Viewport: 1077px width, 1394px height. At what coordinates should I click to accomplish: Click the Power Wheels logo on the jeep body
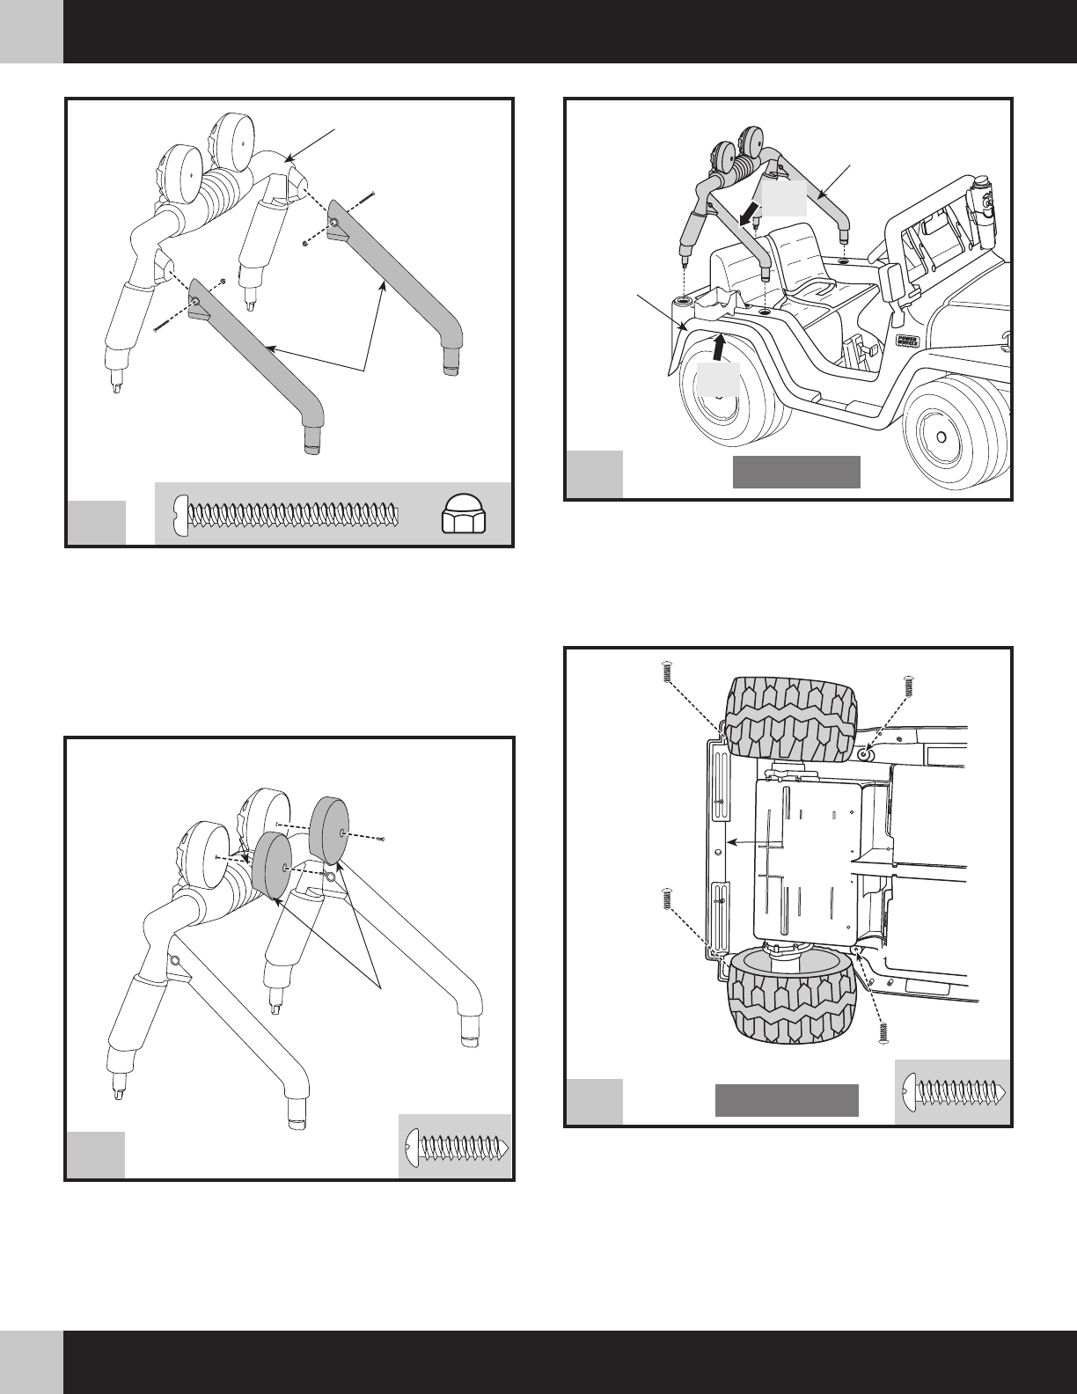(x=909, y=341)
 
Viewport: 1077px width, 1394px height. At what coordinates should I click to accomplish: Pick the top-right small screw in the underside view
(x=908, y=685)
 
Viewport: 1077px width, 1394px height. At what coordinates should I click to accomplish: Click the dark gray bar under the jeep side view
(x=796, y=472)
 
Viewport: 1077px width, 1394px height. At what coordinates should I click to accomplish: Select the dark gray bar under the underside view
(x=786, y=1100)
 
